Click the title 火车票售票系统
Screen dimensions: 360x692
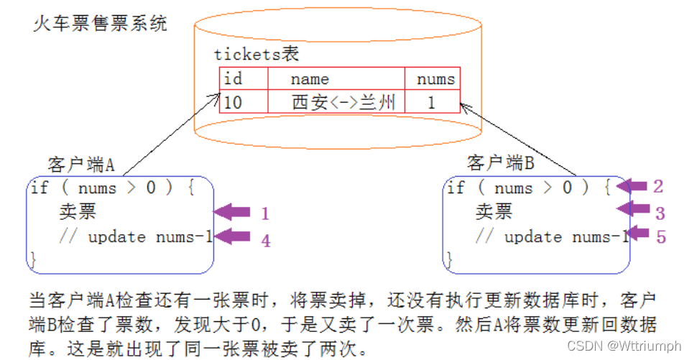click(101, 23)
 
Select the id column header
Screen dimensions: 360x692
click(234, 79)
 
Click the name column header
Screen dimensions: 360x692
click(310, 79)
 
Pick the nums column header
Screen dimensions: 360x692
click(435, 79)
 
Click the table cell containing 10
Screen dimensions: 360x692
click(233, 102)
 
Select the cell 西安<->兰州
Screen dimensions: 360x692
click(343, 102)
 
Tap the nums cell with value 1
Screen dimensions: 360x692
click(431, 102)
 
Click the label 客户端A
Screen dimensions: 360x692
click(81, 165)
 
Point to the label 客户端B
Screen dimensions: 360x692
click(500, 163)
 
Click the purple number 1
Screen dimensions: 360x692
click(264, 213)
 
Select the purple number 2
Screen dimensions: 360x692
click(658, 187)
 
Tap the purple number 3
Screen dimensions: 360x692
click(660, 213)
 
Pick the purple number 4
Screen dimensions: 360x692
click(265, 241)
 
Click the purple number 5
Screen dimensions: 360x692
click(661, 236)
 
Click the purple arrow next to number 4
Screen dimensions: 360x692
click(232, 236)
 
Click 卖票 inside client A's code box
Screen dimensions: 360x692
click(77, 212)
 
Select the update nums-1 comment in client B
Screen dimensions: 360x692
click(552, 237)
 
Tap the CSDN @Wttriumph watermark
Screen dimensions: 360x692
click(624, 346)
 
